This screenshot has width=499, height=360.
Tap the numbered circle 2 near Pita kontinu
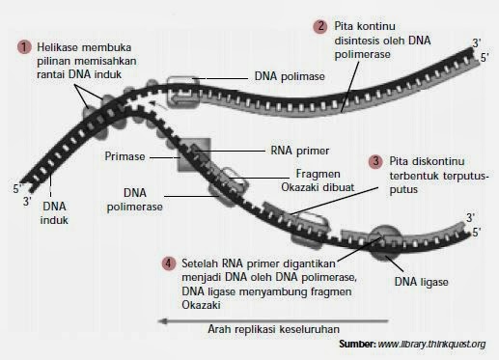[320, 25]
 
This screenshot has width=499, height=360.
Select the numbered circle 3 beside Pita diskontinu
[375, 161]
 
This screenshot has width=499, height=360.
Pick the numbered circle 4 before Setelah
[170, 263]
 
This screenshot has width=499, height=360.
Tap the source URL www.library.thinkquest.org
[430, 344]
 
